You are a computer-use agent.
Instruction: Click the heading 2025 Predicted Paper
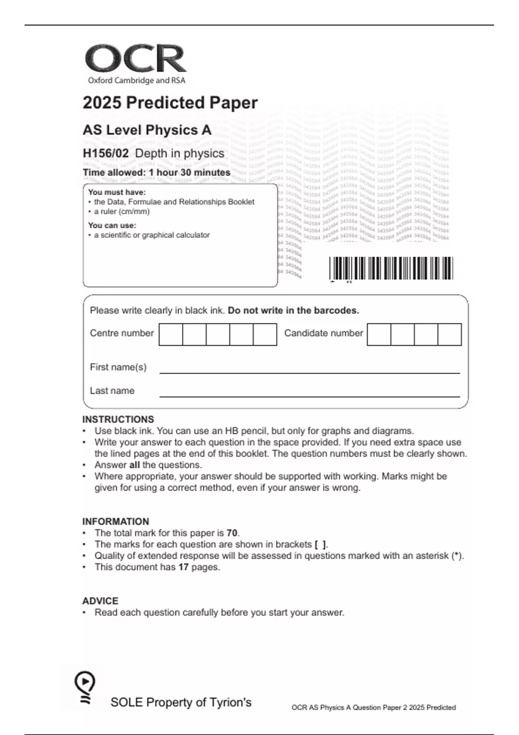pyautogui.click(x=170, y=103)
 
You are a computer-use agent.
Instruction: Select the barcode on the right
pyautogui.click(x=391, y=268)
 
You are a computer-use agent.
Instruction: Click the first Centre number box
pyautogui.click(x=171, y=334)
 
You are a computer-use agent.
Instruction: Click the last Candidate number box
pyautogui.click(x=449, y=334)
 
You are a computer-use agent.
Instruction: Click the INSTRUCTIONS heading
pyautogui.click(x=118, y=419)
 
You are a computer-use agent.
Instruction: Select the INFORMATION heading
pyautogui.click(x=115, y=521)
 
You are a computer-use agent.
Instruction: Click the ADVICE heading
pyautogui.click(x=100, y=601)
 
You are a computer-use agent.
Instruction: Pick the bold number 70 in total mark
pyautogui.click(x=232, y=533)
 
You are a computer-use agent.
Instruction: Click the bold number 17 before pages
pyautogui.click(x=183, y=567)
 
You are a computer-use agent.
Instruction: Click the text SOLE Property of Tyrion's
pyautogui.click(x=181, y=702)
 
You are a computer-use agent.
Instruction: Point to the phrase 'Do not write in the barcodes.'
pyautogui.click(x=293, y=310)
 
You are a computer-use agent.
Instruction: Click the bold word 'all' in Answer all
pyautogui.click(x=135, y=465)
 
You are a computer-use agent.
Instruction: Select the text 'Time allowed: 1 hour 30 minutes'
pyautogui.click(x=157, y=173)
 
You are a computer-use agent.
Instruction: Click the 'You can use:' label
pyautogui.click(x=112, y=225)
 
